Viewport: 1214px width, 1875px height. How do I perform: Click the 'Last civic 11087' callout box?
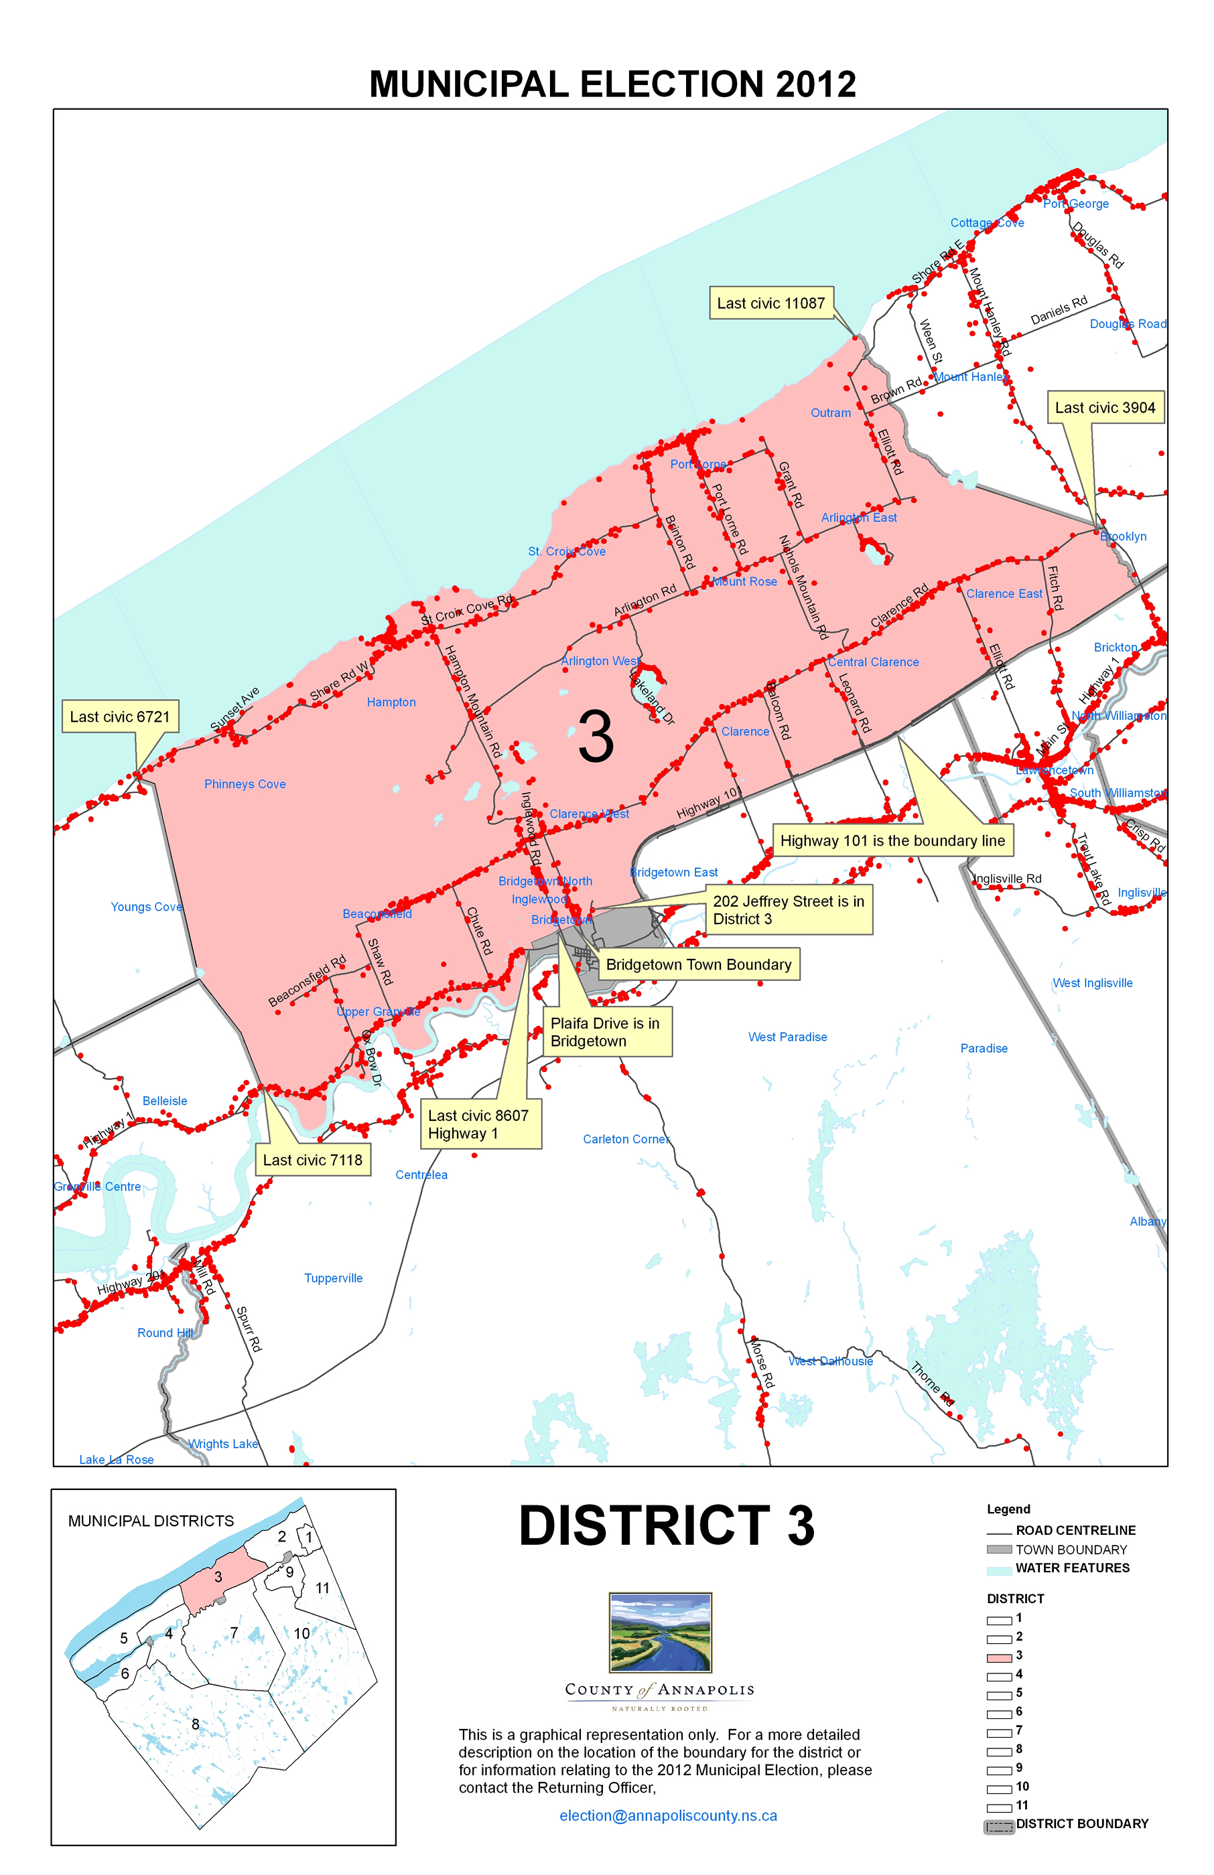click(x=770, y=303)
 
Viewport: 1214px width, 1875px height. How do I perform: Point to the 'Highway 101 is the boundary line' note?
click(x=892, y=840)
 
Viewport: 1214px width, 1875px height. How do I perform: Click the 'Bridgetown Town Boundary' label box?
click(x=698, y=964)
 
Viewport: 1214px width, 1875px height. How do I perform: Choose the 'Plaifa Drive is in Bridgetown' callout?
click(x=606, y=1032)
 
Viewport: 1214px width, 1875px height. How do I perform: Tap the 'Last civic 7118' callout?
click(x=312, y=1160)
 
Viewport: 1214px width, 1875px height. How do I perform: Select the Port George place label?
click(x=1075, y=204)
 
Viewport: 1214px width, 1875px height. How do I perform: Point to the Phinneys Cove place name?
click(x=245, y=784)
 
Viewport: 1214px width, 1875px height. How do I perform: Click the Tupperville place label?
click(x=334, y=1278)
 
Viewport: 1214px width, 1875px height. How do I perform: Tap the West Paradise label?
click(x=787, y=1037)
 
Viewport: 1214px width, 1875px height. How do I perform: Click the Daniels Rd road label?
click(x=1059, y=311)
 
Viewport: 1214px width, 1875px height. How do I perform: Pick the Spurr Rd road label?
click(x=249, y=1329)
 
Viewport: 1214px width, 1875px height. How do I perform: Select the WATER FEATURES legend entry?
click(x=1072, y=1568)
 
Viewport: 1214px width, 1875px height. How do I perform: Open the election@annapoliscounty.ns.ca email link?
click(x=668, y=1816)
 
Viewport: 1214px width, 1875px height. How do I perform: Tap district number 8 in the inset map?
click(x=196, y=1724)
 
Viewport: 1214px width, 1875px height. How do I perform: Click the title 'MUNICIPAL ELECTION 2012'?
click(x=612, y=84)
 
